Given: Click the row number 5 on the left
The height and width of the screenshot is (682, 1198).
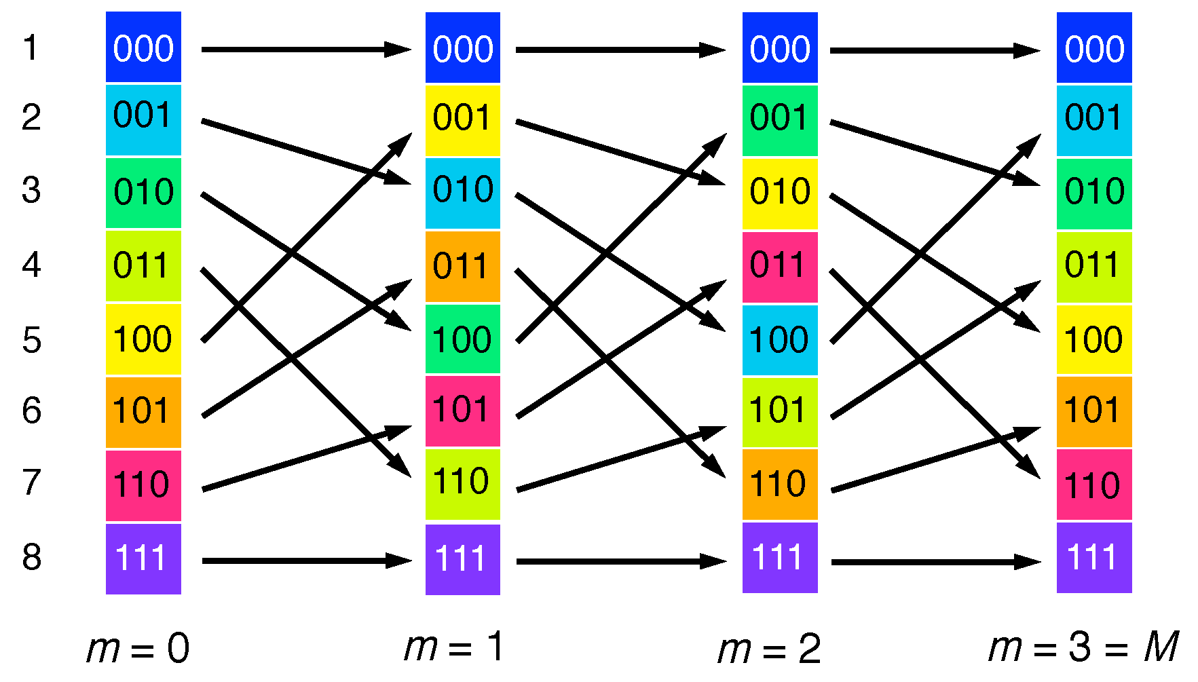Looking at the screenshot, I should pyautogui.click(x=31, y=339).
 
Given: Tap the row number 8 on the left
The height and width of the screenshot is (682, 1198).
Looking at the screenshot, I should pyautogui.click(x=31, y=557).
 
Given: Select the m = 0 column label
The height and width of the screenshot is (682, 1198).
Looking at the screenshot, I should pyautogui.click(x=138, y=648).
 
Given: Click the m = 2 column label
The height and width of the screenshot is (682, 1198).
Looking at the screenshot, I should pyautogui.click(x=769, y=649).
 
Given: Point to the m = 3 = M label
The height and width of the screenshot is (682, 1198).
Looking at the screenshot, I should pyautogui.click(x=1083, y=647).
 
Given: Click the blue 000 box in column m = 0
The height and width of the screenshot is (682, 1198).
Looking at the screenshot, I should pyautogui.click(x=143, y=48).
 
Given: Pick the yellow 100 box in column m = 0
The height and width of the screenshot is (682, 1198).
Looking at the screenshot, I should pyautogui.click(x=143, y=339).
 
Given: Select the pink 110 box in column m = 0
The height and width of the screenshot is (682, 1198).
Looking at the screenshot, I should pyautogui.click(x=143, y=485).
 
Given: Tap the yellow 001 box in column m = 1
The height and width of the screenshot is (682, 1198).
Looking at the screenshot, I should pyautogui.click(x=463, y=119).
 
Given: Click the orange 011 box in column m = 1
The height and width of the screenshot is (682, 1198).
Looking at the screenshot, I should pyautogui.click(x=463, y=266).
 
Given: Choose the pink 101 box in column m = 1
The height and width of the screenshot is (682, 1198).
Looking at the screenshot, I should pyautogui.click(x=463, y=411).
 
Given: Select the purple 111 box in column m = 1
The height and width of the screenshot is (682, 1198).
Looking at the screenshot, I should pyautogui.click(x=463, y=559).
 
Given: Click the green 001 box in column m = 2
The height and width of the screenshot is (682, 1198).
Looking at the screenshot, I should pyautogui.click(x=780, y=119).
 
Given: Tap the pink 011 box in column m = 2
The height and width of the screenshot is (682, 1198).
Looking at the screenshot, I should pyautogui.click(x=780, y=266).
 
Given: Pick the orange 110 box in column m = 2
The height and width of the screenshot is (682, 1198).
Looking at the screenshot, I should pyautogui.click(x=780, y=484).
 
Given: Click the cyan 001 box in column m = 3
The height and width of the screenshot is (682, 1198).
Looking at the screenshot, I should pyautogui.click(x=1094, y=119).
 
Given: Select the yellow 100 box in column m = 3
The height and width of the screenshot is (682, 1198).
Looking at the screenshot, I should pyautogui.click(x=1094, y=339).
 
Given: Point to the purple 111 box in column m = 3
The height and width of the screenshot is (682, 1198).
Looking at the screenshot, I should pyautogui.click(x=1094, y=558).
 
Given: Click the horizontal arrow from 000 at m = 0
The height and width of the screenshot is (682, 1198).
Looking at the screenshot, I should pyautogui.click(x=305, y=50).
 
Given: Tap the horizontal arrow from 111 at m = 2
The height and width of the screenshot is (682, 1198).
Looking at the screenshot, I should pyautogui.click(x=935, y=562).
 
